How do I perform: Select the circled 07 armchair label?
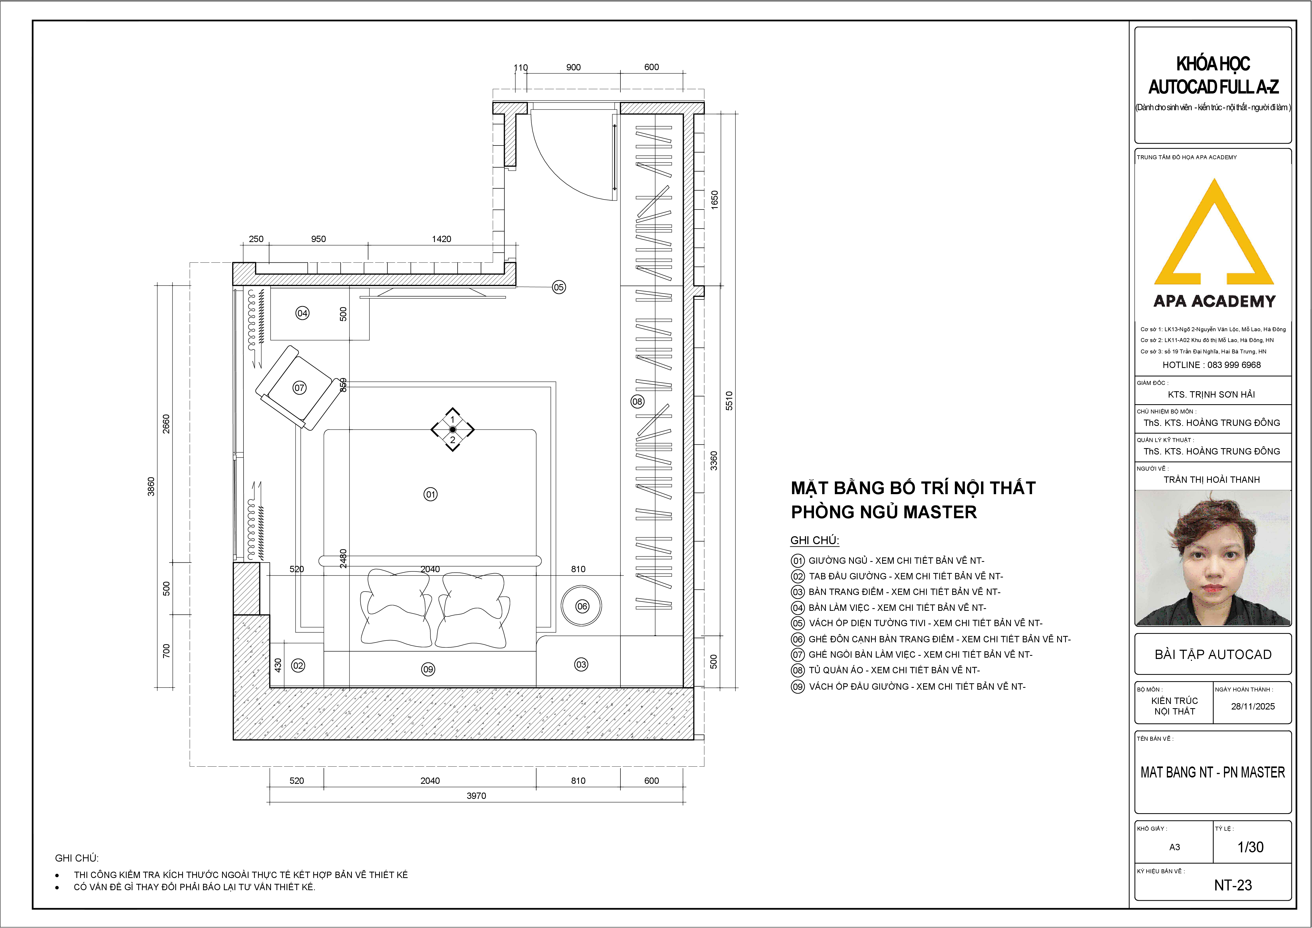(300, 388)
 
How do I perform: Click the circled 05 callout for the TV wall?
(559, 287)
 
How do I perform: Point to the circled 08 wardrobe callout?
(637, 401)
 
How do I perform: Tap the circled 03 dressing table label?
(581, 665)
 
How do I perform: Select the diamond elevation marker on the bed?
(453, 429)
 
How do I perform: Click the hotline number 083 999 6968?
(1234, 365)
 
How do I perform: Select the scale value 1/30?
(1250, 847)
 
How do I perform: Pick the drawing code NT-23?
(1233, 885)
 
